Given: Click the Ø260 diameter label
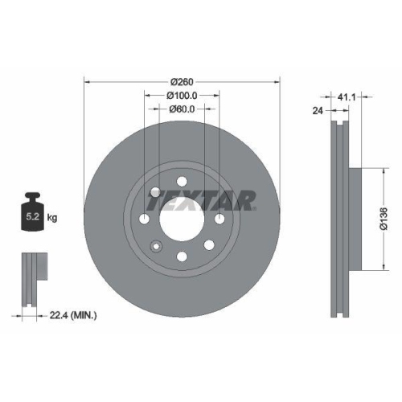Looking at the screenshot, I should pyautogui.click(x=183, y=80).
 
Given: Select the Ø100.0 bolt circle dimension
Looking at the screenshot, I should pyautogui.click(x=183, y=95).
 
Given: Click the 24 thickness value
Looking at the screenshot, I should pyautogui.click(x=317, y=113).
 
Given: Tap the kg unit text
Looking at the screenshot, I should pyautogui.click(x=53, y=218).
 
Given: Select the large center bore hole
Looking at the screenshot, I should pyautogui.click(x=182, y=217).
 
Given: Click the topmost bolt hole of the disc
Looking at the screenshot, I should pyautogui.click(x=182, y=179).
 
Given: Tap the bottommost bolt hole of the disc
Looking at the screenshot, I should pyautogui.click(x=182, y=256).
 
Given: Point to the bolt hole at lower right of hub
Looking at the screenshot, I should pyautogui.click(x=208, y=244).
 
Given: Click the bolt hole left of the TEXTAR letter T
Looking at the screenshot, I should pyautogui.click(x=155, y=191).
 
